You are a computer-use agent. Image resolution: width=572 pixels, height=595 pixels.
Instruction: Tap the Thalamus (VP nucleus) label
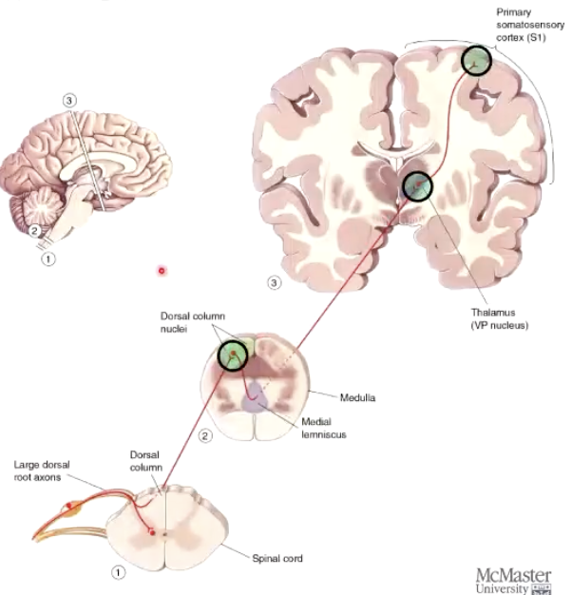coord(498,317)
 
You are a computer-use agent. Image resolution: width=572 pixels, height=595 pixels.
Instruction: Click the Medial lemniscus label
coord(320,428)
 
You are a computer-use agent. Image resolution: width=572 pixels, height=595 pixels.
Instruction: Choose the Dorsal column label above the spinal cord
coord(146,461)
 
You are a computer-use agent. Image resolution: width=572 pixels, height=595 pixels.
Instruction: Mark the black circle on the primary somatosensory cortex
coord(477,61)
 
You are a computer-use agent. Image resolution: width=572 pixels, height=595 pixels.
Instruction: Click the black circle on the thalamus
coord(417,186)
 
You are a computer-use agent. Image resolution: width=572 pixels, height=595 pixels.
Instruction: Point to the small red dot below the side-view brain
coord(162,271)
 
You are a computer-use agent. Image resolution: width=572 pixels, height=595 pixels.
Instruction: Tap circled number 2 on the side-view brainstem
coord(34,229)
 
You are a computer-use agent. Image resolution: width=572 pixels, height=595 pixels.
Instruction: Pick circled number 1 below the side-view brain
coord(49,257)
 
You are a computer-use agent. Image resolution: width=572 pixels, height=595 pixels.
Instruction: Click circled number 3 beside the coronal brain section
coord(276,282)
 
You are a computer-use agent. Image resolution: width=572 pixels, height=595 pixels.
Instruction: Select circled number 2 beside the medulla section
coord(203,436)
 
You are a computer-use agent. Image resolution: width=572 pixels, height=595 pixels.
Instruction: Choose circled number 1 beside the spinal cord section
coord(118,572)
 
